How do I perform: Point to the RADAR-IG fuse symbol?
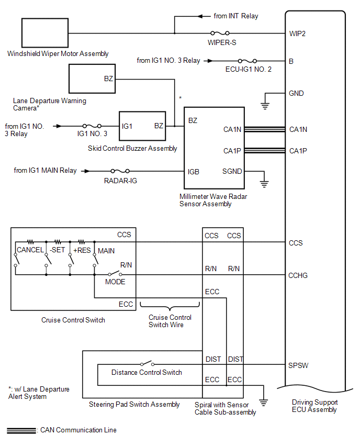click(120, 171)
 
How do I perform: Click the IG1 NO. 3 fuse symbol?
click(92, 126)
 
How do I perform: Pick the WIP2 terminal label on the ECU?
click(297, 34)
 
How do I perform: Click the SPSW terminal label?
click(298, 365)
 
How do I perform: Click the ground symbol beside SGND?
click(264, 183)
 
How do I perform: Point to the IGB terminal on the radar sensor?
click(194, 171)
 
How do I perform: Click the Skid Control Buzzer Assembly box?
click(142, 126)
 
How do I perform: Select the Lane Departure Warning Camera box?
click(92, 80)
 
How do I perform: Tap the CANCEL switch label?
click(30, 250)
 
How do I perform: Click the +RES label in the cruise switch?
click(82, 250)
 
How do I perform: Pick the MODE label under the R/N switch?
click(115, 282)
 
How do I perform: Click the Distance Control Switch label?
click(147, 372)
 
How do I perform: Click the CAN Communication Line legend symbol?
click(21, 430)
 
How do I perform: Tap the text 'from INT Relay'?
click(236, 16)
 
